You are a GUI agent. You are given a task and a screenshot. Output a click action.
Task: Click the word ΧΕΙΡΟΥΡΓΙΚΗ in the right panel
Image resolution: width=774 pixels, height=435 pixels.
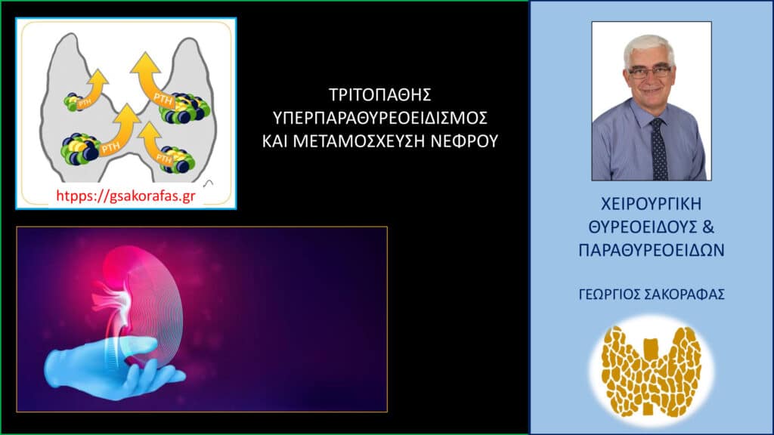point(651,205)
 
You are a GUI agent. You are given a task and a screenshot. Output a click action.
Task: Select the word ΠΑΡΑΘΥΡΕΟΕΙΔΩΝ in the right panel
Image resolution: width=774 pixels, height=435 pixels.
point(651,248)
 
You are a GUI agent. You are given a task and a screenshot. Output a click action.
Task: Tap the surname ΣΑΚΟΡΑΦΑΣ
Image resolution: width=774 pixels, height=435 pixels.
point(683,295)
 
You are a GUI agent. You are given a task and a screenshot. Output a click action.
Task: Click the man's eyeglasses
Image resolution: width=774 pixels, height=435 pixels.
point(649,72)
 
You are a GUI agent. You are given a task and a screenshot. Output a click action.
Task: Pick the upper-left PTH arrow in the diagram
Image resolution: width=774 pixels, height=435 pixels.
point(97,85)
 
